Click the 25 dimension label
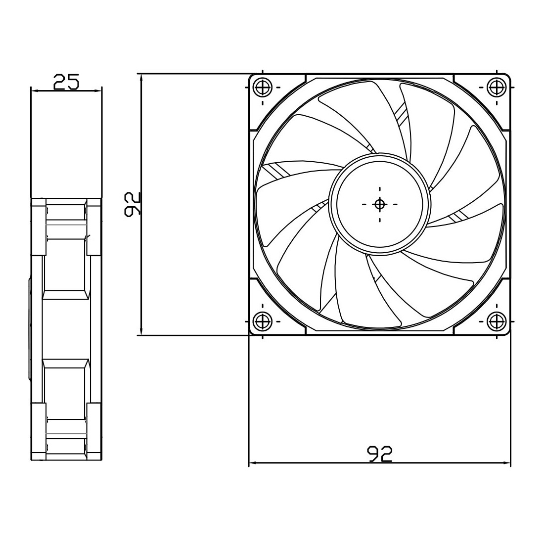point(66,82)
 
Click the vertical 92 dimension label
point(132,204)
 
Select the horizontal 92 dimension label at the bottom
point(379,454)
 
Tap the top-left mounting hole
point(262,87)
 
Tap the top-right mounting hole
point(497,87)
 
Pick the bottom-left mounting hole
point(262,321)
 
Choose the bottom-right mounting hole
point(497,321)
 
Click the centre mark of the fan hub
point(379,204)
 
